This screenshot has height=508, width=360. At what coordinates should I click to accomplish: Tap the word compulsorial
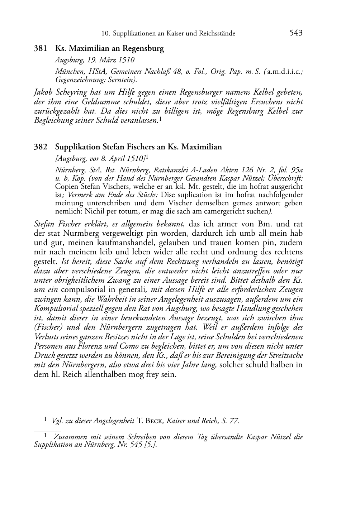click(83, 290)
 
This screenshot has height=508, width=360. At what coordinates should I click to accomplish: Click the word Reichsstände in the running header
click(217, 34)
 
